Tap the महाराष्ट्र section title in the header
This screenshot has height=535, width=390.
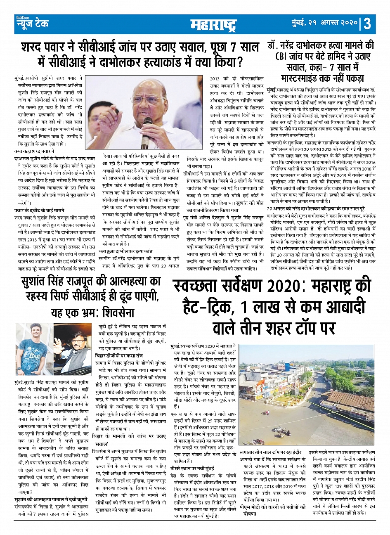(x=213, y=25)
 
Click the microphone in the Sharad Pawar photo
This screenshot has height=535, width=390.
(x=147, y=130)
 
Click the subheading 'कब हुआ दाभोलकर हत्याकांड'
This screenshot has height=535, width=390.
(x=125, y=251)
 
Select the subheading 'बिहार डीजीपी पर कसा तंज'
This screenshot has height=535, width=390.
(x=119, y=355)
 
